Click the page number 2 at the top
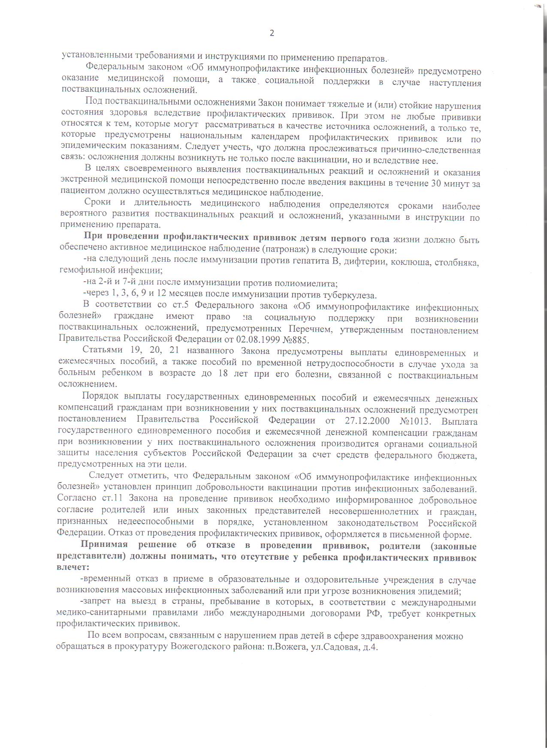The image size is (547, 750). click(x=272, y=33)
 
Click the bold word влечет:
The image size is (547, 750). click(x=73, y=567)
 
